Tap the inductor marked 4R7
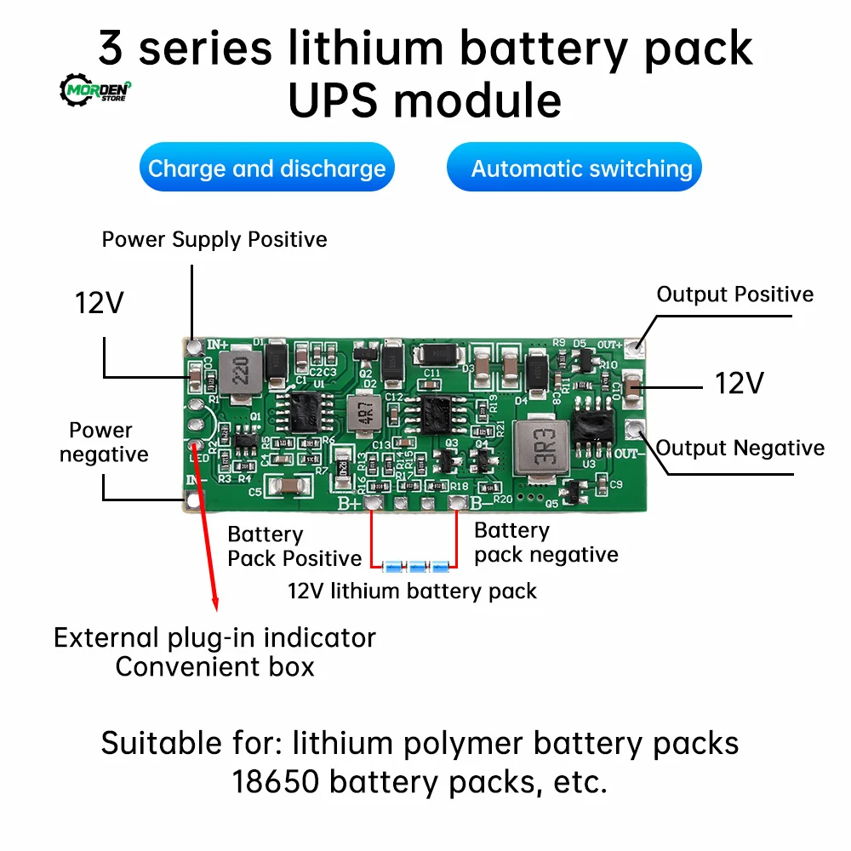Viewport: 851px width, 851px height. pyautogui.click(x=360, y=413)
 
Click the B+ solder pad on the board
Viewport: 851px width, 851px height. pyautogui.click(x=372, y=504)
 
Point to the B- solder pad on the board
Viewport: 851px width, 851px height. pyautogui.click(x=456, y=504)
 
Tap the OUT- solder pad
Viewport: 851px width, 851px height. pyautogui.click(x=632, y=430)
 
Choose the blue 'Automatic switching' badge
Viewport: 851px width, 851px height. pyautogui.click(x=582, y=168)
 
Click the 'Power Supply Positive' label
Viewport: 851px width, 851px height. pyautogui.click(x=214, y=239)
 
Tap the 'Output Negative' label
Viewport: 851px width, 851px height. pyautogui.click(x=740, y=448)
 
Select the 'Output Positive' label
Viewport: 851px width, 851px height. pyautogui.click(x=734, y=294)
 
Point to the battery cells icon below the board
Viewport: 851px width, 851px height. pyautogui.click(x=416, y=565)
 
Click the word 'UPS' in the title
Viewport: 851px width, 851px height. pyautogui.click(x=339, y=100)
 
